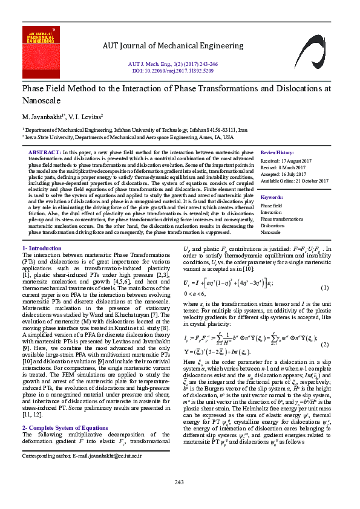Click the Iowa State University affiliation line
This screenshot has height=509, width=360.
coord(129,137)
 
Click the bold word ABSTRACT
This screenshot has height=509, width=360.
coord(45,152)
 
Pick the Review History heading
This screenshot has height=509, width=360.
coord(277,152)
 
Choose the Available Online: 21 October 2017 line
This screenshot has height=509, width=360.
coord(295,181)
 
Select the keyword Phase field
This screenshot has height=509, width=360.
coord(271,206)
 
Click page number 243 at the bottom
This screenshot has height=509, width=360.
coord(179,481)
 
